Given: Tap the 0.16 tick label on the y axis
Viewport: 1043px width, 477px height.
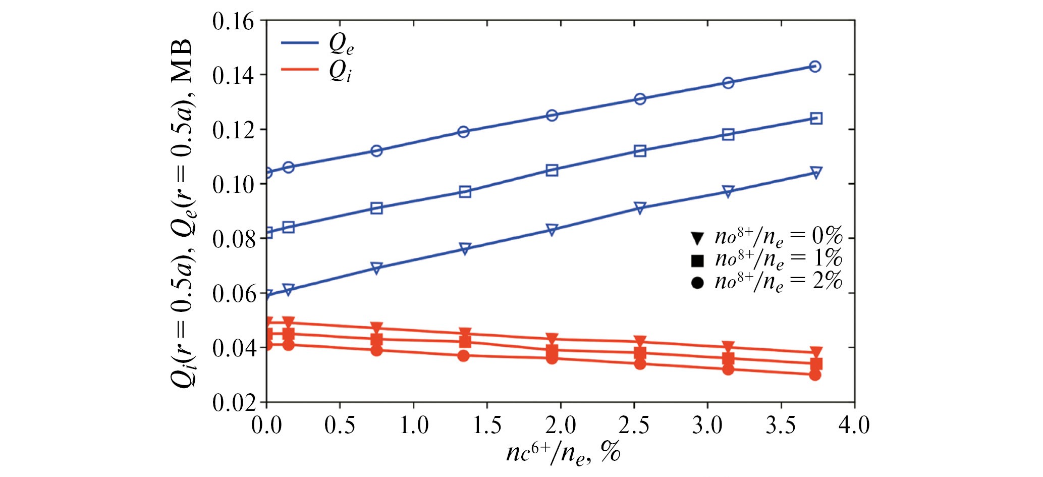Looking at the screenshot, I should (233, 22).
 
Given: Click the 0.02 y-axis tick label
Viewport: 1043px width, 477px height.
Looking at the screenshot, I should (233, 403).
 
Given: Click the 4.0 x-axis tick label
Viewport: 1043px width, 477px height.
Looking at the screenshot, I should (854, 426).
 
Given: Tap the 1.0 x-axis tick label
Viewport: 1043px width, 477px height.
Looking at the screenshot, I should (413, 426).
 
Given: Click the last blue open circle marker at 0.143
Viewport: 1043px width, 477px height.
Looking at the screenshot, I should (815, 67).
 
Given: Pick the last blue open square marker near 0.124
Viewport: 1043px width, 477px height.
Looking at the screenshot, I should (816, 119).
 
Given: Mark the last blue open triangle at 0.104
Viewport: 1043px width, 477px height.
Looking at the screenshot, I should (815, 173).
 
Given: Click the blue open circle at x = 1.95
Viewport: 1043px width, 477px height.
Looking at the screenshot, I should (552, 116).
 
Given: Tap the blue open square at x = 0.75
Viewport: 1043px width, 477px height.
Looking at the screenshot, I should (376, 208).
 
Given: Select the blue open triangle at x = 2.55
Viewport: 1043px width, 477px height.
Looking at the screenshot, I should (640, 207).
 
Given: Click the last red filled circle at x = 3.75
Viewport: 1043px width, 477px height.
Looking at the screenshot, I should (815, 375).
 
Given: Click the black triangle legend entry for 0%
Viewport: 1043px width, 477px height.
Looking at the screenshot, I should (697, 238).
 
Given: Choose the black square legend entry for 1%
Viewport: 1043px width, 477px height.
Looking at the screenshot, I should (697, 260).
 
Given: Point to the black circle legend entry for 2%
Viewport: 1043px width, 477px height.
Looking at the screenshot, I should (697, 283).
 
